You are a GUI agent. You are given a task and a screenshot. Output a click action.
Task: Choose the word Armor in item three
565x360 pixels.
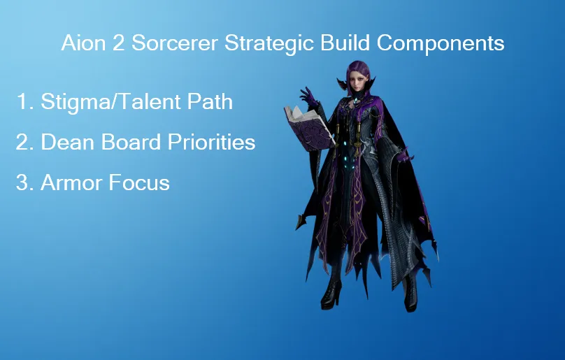pos(70,183)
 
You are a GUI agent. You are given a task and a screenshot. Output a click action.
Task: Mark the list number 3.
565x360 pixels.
pos(22,183)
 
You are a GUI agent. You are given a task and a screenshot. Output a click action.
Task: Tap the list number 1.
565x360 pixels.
pos(22,101)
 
